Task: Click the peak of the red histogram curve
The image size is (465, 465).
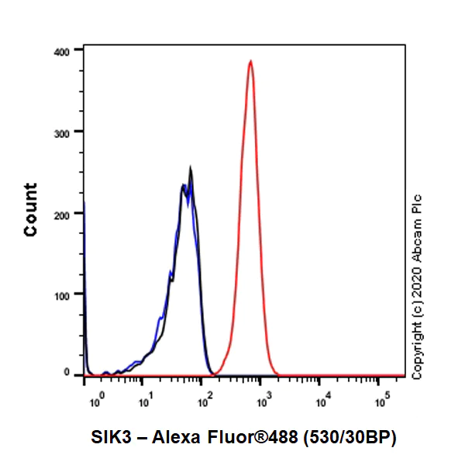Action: tap(250, 60)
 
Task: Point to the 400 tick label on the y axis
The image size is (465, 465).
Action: tap(63, 50)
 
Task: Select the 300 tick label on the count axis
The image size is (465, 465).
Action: tap(63, 132)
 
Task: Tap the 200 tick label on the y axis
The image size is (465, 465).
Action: tap(63, 213)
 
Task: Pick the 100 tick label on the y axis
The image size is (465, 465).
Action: tap(63, 294)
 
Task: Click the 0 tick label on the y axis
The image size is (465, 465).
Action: tap(68, 373)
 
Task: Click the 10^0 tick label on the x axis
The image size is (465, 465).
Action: tap(96, 401)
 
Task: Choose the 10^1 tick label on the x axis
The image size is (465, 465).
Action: tap(144, 401)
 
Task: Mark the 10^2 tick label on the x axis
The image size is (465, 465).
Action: tap(204, 401)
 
